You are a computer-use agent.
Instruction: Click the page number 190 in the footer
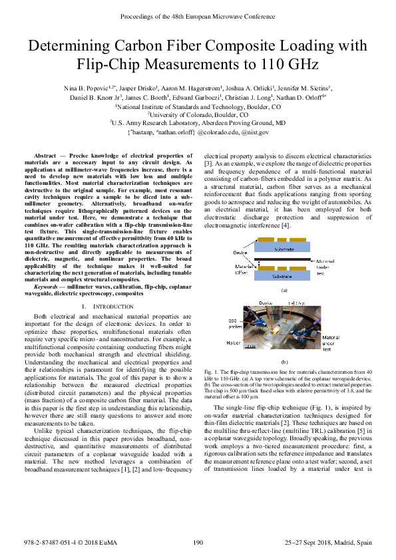tap(198, 543)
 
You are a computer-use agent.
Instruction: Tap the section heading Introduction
tap(99, 305)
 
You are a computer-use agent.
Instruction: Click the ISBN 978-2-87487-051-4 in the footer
tap(48, 543)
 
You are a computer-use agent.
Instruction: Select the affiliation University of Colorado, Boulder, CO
tap(198, 114)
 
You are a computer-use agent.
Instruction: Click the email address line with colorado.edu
tap(198, 132)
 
